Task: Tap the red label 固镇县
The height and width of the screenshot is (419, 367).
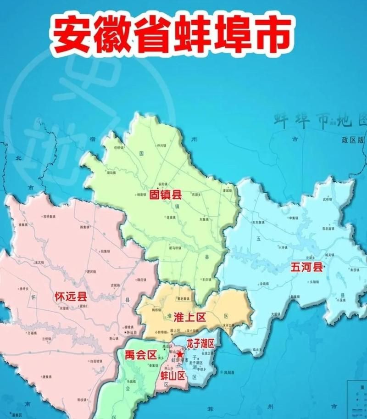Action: [x=166, y=195]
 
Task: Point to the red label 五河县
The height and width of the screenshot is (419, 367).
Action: [x=306, y=268]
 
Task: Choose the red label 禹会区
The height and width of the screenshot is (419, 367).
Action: [x=140, y=354]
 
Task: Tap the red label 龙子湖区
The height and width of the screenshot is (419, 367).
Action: [x=200, y=343]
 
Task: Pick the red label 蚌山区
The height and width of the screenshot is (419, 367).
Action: [x=172, y=376]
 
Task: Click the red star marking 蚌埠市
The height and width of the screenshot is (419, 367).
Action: [x=180, y=355]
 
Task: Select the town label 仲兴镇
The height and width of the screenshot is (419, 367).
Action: [x=161, y=145]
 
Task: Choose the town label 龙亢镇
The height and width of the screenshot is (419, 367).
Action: [x=39, y=262]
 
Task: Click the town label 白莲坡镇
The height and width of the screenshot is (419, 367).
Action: [x=95, y=361]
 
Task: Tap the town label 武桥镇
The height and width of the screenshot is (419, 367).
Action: [x=327, y=200]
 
